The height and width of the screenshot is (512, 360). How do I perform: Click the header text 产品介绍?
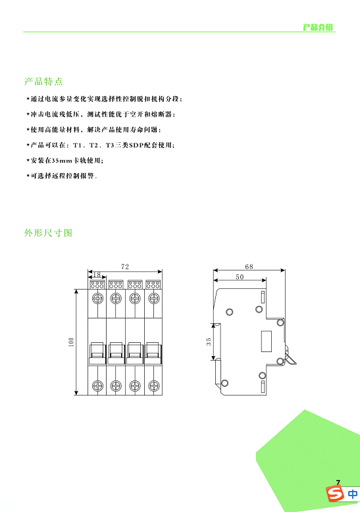tap(317, 27)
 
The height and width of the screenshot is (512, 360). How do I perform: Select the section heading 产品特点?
tap(43, 82)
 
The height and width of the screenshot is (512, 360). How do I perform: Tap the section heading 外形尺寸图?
tap(48, 233)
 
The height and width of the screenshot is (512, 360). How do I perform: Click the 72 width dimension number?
tap(125, 267)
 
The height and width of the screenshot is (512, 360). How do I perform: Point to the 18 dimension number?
tap(97, 274)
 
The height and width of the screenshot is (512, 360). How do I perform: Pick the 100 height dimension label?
tap(71, 342)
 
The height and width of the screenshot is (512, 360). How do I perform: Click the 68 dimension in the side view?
tap(249, 267)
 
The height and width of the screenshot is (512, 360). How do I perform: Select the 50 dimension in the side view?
tap(240, 277)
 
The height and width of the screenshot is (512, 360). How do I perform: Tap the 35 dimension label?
tap(209, 342)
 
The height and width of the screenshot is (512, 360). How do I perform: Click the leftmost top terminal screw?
tap(97, 298)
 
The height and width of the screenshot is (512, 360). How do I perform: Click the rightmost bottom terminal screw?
tap(154, 386)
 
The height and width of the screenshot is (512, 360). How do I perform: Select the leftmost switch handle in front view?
tap(97, 353)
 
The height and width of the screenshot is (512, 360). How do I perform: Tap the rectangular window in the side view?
tap(267, 342)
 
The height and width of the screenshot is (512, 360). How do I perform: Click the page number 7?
tap(338, 482)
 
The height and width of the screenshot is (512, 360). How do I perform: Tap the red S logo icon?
tap(335, 494)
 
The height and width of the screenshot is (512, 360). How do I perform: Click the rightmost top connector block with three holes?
tap(153, 284)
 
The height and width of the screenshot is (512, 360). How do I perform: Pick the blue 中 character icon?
tap(353, 494)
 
